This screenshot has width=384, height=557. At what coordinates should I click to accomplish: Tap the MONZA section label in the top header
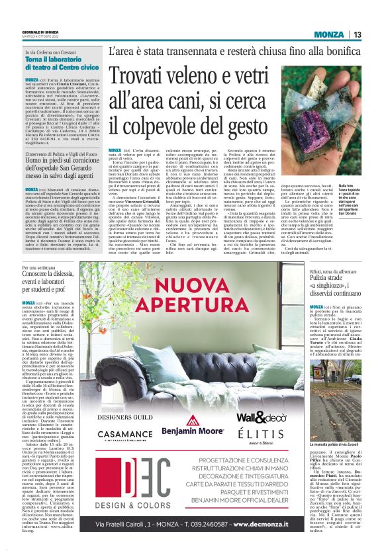tap(328, 34)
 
